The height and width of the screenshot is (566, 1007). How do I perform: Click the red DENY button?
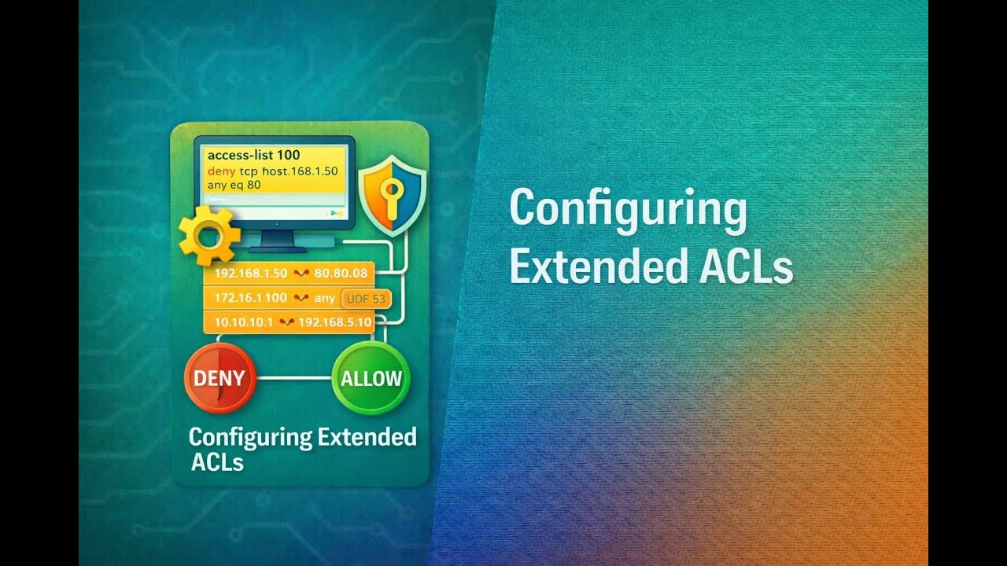pos(219,378)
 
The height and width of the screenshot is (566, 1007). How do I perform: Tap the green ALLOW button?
pos(371,378)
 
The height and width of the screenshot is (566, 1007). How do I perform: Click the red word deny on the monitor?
pos(222,171)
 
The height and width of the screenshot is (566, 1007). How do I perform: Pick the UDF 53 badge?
pos(367,299)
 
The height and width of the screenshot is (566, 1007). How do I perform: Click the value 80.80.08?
pos(341,274)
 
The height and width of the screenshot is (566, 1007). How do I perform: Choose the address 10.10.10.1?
pos(243,322)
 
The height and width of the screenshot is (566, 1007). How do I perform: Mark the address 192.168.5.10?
pos(335,322)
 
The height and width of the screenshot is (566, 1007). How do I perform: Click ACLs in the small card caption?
pos(217,462)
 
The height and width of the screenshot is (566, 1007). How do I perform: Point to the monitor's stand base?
pos(277,248)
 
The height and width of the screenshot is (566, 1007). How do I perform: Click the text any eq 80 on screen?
pos(234,185)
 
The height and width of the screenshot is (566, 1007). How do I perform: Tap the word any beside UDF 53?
pos(324,299)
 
